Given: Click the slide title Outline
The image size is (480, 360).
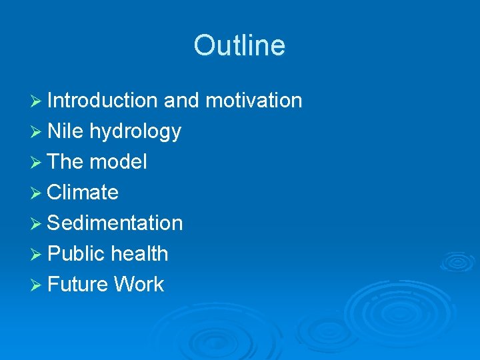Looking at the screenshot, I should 239,45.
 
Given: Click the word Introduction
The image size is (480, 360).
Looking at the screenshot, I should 103,101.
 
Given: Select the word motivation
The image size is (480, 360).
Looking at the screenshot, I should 253,101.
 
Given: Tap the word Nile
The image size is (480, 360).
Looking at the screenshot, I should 65,131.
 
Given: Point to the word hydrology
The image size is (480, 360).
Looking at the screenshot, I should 135,132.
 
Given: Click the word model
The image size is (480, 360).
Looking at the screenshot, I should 118,162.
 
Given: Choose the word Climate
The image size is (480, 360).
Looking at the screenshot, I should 83,193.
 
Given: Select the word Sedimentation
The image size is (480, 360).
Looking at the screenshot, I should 115,223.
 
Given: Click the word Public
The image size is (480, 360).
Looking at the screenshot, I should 77,254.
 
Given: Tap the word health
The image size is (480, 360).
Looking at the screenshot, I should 139,254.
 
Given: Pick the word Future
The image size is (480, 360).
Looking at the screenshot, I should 78,285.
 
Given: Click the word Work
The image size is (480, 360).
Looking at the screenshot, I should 139,285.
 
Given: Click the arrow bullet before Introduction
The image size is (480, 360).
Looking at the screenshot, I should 37,101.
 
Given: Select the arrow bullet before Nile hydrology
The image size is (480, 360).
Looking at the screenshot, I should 37,132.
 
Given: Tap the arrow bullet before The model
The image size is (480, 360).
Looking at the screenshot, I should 37,163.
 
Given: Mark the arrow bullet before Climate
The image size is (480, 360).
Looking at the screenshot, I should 37,193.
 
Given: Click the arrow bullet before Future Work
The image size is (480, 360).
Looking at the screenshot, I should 37,285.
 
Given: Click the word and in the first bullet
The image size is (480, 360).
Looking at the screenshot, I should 181,101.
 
